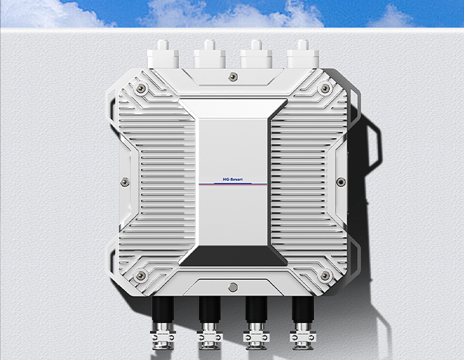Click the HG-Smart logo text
pyautogui.click(x=232, y=180)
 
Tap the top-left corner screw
pyautogui.click(x=141, y=88)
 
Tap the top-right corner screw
pyautogui.click(x=325, y=88)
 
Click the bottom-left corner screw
pyautogui.click(x=140, y=275)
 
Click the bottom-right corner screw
pyautogui.click(x=325, y=275)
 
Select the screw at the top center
pyautogui.click(x=233, y=76)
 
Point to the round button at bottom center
pyautogui.click(x=233, y=287)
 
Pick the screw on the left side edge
pyautogui.click(x=125, y=182)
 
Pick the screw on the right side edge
pyautogui.click(x=341, y=182)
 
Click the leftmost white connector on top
pyautogui.click(x=163, y=55)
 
